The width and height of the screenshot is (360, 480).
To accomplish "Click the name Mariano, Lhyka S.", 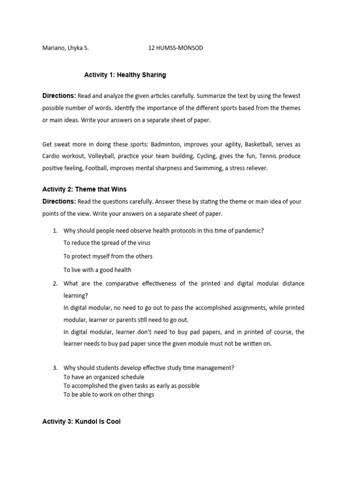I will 65,48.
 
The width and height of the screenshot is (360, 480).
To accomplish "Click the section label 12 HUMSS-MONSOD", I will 175,48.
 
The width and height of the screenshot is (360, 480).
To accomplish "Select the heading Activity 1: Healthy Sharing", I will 125,75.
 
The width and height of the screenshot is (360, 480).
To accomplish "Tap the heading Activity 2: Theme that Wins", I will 84,189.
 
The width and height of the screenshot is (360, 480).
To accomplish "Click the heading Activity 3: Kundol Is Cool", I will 81,421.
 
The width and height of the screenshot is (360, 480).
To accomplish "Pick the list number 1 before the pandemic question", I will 55,231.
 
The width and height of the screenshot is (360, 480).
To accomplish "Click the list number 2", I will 55,284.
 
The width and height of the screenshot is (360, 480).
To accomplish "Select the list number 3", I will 55,368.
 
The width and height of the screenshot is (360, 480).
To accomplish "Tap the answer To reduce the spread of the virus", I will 107,243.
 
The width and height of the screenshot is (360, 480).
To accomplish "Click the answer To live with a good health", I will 97,270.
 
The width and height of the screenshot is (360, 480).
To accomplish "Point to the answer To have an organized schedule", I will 104,377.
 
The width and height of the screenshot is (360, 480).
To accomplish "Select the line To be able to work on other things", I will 109,395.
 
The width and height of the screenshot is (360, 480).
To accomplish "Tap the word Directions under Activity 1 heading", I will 59,96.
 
